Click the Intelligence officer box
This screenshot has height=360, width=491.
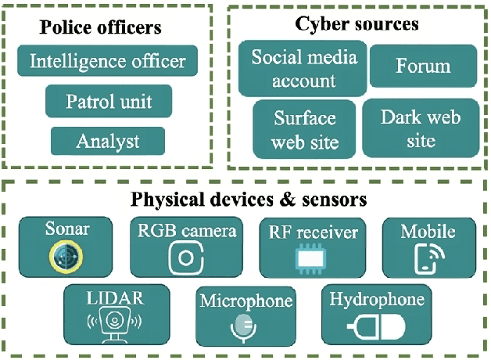click(x=108, y=61)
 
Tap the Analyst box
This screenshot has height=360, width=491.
click(x=108, y=142)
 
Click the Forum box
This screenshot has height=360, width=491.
click(x=423, y=66)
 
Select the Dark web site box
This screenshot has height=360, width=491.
click(x=421, y=128)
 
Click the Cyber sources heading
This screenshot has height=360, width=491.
click(x=357, y=24)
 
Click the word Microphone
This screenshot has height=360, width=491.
click(x=245, y=301)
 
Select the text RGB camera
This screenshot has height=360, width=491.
click(x=186, y=231)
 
